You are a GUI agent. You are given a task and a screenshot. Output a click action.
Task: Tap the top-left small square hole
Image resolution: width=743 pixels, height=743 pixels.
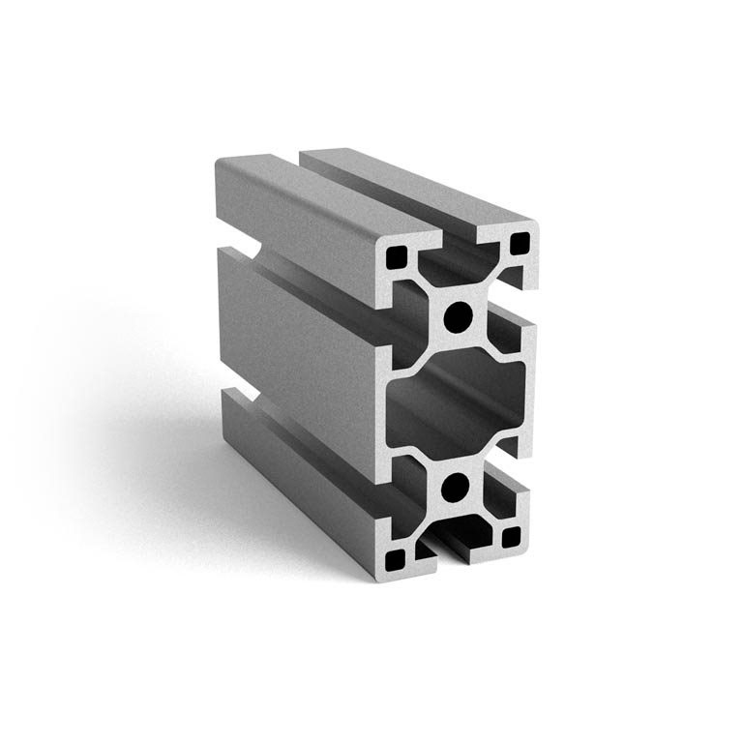pyautogui.click(x=397, y=258)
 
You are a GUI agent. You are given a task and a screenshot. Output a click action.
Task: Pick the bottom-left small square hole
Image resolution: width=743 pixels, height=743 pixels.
pyautogui.click(x=397, y=558)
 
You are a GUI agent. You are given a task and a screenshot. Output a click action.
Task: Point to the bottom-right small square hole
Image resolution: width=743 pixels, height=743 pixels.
pyautogui.click(x=510, y=538)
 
